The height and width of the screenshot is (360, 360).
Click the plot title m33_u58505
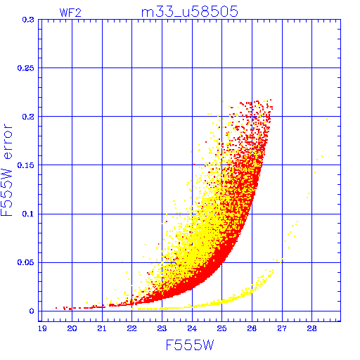(x=190, y=11)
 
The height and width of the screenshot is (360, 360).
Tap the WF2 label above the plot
(x=70, y=13)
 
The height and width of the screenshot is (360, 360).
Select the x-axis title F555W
(x=190, y=345)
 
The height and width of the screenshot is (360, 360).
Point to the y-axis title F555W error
(x=6, y=170)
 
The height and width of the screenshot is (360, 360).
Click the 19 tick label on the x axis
(x=42, y=328)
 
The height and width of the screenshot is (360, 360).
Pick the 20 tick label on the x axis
(x=72, y=328)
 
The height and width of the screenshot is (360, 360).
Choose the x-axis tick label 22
(x=132, y=328)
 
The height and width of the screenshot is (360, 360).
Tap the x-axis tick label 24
(x=192, y=328)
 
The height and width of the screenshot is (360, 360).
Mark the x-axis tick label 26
(x=252, y=328)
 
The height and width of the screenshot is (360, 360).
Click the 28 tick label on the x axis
(x=312, y=328)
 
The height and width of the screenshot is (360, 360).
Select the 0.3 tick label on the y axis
(x=28, y=20)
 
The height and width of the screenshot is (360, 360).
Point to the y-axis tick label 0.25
(x=26, y=68)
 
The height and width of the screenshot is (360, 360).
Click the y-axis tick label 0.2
(x=28, y=117)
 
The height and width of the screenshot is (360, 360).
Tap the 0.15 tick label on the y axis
(x=26, y=165)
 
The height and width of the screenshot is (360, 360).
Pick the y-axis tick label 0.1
(x=28, y=214)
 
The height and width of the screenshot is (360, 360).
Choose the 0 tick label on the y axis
(x=32, y=311)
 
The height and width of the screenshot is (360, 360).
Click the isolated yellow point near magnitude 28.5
(x=327, y=119)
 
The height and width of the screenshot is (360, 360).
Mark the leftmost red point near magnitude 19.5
(x=56, y=308)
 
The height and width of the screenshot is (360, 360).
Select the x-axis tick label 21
(x=102, y=328)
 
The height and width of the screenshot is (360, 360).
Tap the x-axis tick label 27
(x=282, y=328)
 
